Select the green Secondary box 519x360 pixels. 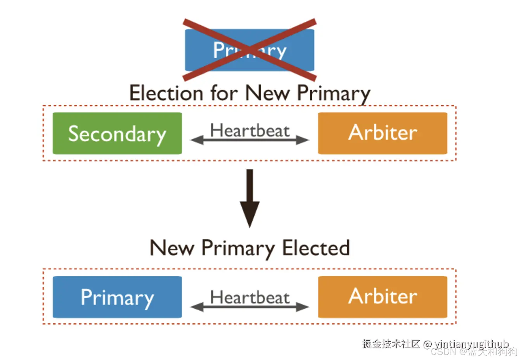click(117, 133)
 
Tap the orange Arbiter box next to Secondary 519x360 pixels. click(382, 133)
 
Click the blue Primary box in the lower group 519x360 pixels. click(117, 297)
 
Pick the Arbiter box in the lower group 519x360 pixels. click(382, 297)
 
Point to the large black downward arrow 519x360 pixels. click(250, 198)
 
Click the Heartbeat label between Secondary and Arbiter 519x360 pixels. click(250, 130)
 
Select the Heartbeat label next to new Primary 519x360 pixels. click(250, 298)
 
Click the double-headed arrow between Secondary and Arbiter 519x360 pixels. click(250, 140)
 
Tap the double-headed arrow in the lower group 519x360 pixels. click(250, 307)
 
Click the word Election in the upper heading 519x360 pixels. click(166, 93)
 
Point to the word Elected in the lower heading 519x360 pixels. click(316, 248)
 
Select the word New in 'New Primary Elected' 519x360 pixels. click(172, 248)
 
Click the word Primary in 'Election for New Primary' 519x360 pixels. click(334, 94)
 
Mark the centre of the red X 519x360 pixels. click(250, 50)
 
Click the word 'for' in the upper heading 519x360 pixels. click(224, 93)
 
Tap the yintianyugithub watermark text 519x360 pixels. click(471, 344)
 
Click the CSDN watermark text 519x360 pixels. click(443, 351)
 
